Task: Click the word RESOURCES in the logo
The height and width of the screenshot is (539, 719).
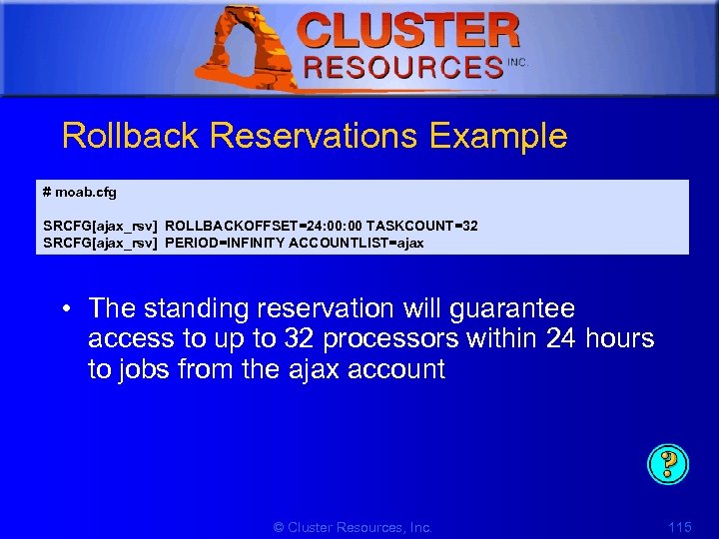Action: (x=403, y=67)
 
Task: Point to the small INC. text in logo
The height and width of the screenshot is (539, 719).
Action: (x=517, y=62)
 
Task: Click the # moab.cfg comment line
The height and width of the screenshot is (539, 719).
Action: (x=80, y=192)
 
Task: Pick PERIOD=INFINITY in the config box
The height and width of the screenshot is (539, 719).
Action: (x=225, y=243)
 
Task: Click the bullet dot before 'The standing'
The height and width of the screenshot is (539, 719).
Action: (x=71, y=308)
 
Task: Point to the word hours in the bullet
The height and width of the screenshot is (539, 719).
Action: (x=618, y=339)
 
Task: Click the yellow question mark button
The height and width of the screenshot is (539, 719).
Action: (x=669, y=464)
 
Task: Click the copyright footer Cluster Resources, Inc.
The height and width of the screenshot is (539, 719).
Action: (x=353, y=527)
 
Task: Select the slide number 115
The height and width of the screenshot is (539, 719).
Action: (x=680, y=527)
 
